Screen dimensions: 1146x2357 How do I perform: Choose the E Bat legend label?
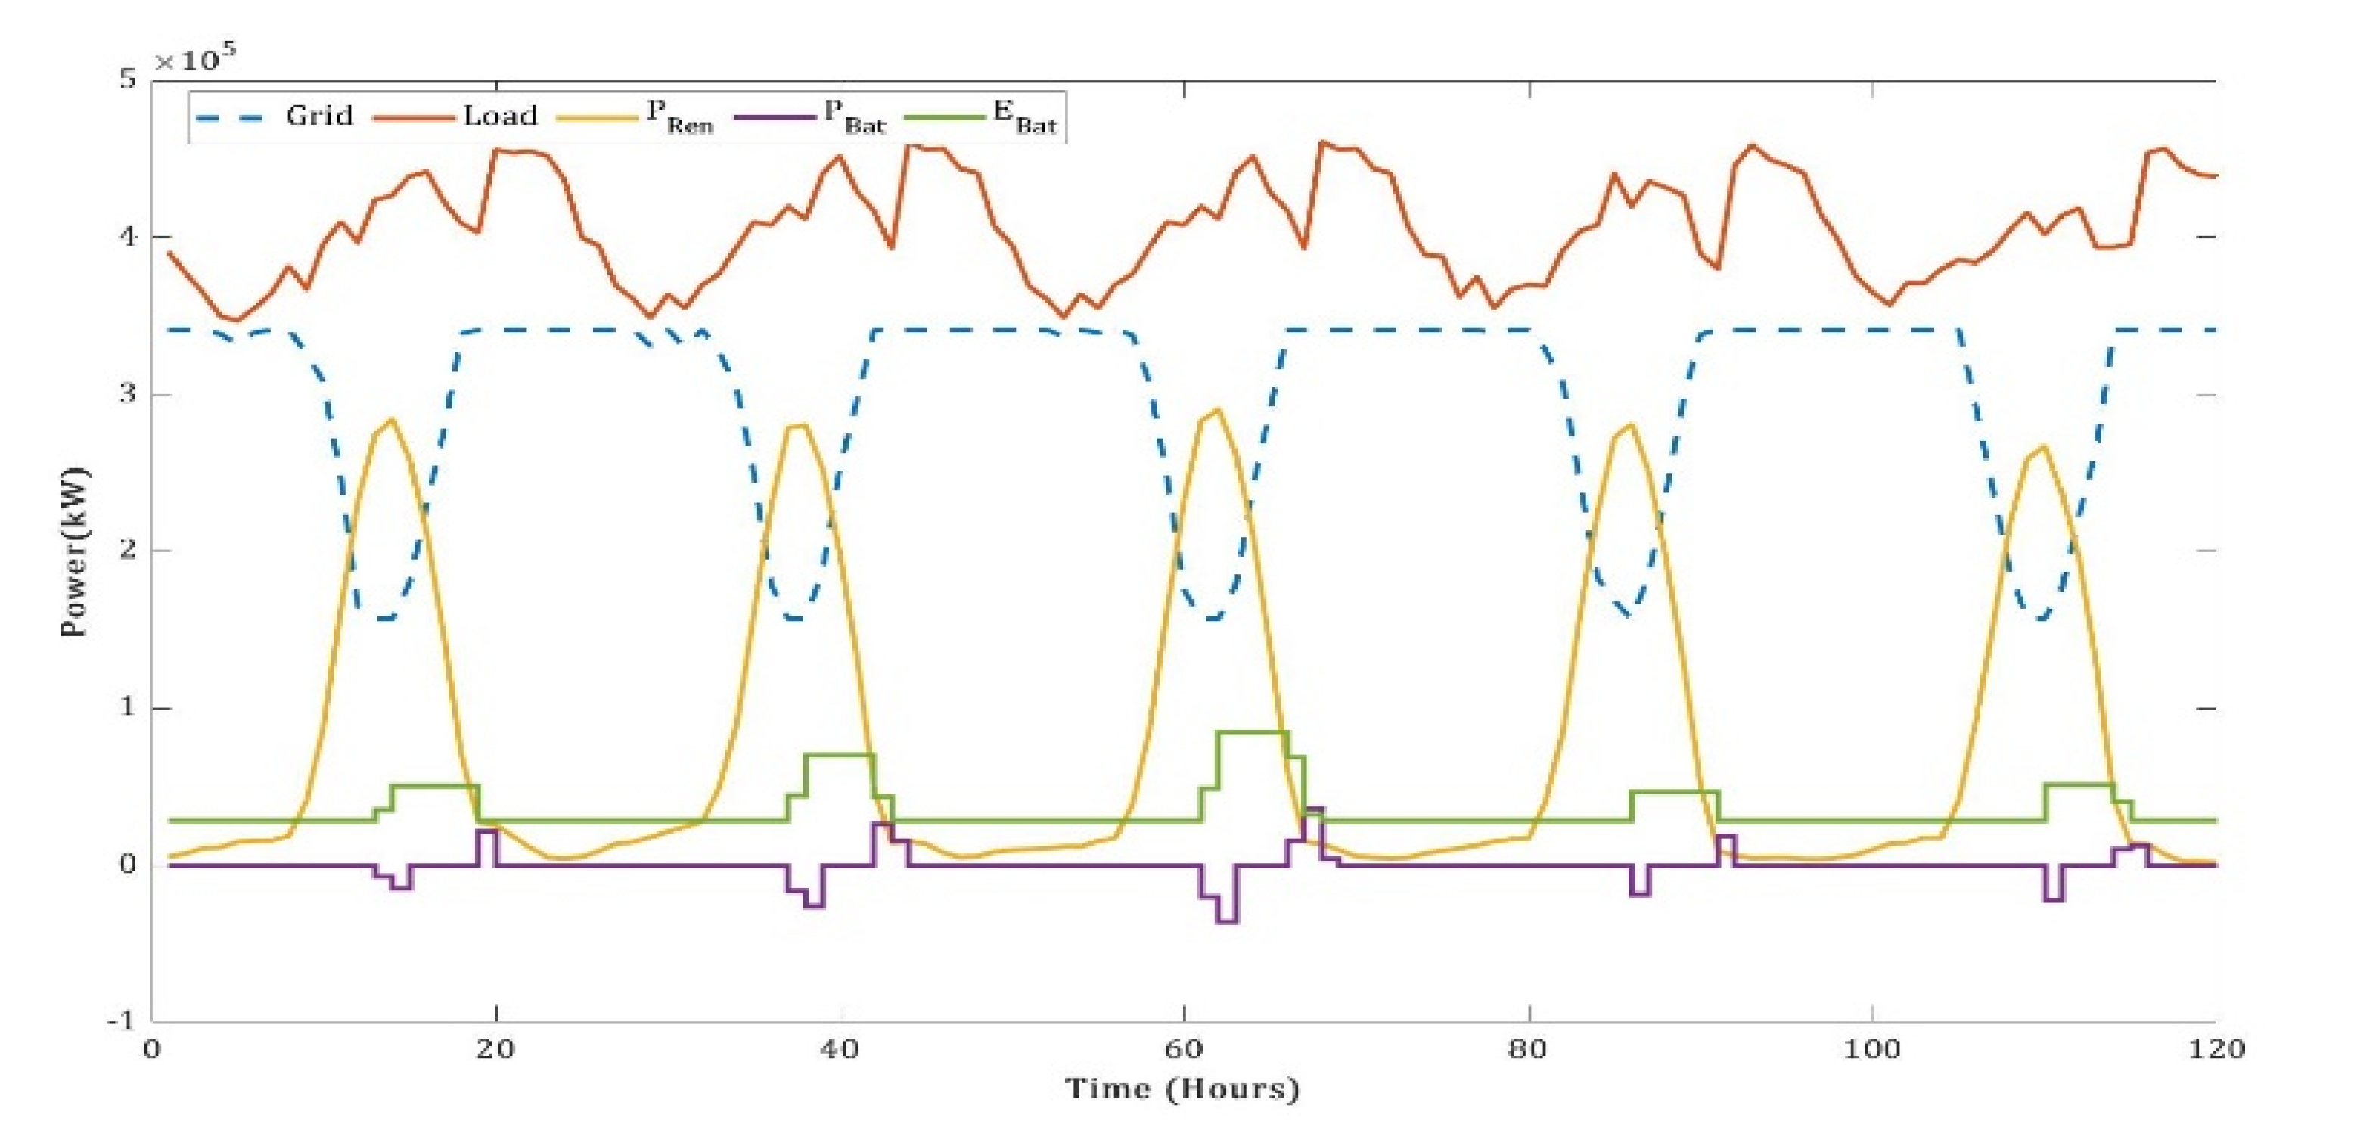click(1025, 117)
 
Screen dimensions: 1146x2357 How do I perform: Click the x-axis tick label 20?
click(495, 1049)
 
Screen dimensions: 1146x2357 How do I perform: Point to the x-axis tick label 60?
click(1183, 1049)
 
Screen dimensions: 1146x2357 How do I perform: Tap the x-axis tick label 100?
click(1871, 1049)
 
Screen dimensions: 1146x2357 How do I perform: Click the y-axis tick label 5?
click(127, 79)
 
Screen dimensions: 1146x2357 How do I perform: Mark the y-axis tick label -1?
click(121, 1020)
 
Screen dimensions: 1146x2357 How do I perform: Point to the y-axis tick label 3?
click(127, 395)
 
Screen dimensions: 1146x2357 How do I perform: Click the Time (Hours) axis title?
click(1182, 1089)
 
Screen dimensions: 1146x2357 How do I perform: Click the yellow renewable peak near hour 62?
click(1217, 410)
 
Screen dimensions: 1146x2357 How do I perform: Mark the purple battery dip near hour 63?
click(1228, 921)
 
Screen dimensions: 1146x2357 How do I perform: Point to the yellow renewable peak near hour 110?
click(2043, 447)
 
